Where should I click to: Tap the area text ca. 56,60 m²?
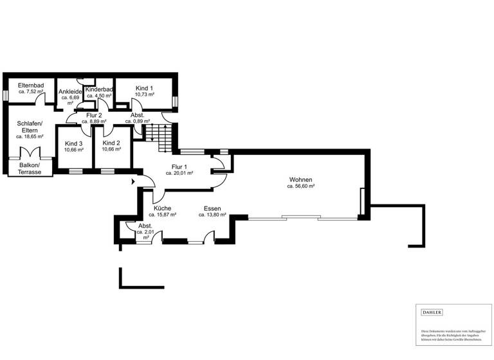[300, 186]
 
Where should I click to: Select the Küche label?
[162, 208]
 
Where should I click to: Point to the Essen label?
[212, 208]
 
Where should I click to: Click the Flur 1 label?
[179, 166]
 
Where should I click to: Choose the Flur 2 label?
[94, 114]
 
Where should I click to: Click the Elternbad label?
[31, 85]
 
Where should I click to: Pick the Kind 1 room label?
[145, 88]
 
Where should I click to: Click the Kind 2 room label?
[111, 143]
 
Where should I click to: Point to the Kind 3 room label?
[74, 143]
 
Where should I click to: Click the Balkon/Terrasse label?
[30, 168]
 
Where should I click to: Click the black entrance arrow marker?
[134, 182]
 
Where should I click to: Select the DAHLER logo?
[432, 312]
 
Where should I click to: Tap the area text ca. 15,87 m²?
[162, 215]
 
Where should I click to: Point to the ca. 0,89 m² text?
[137, 121]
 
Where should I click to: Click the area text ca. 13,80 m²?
[212, 215]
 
